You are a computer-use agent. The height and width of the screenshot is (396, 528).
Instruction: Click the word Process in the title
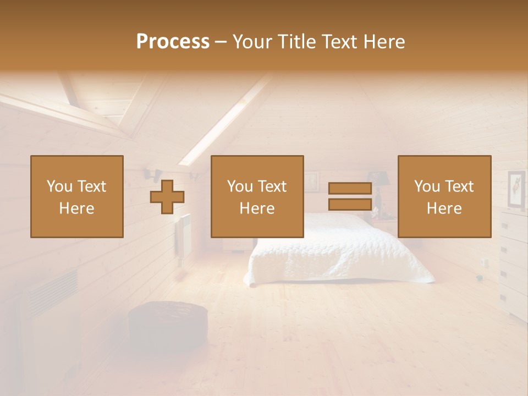click(x=173, y=41)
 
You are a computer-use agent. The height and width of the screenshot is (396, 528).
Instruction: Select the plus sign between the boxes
click(x=167, y=197)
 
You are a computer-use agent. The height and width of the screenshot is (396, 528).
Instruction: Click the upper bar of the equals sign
click(x=350, y=188)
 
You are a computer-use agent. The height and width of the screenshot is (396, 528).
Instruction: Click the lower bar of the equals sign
click(x=350, y=204)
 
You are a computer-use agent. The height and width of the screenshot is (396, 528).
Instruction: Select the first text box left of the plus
click(x=76, y=196)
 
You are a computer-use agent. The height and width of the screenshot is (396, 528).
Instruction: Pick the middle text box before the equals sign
click(x=257, y=196)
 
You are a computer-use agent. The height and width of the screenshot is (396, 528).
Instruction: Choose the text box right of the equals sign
click(x=444, y=196)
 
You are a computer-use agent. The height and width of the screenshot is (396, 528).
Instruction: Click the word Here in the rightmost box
click(x=444, y=208)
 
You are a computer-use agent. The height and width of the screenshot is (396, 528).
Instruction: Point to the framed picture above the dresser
click(x=516, y=190)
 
